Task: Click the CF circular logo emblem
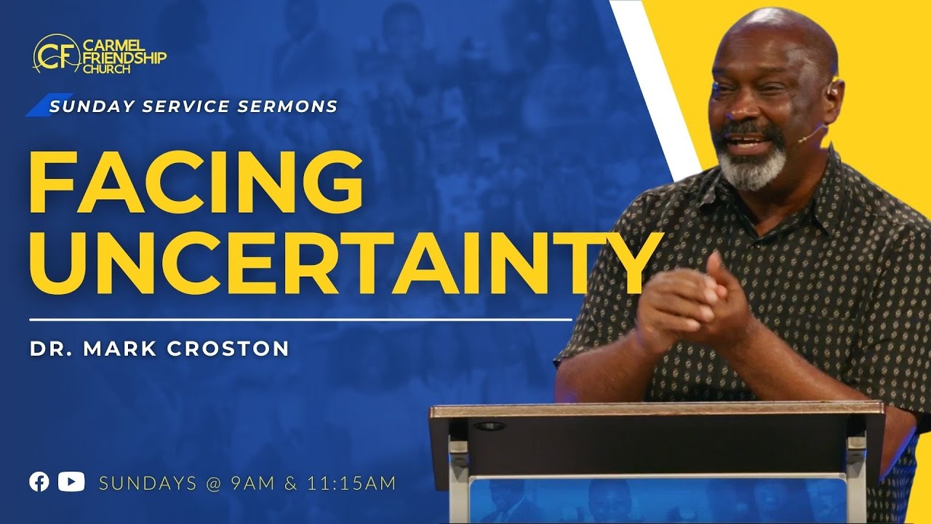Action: pyautogui.click(x=51, y=54)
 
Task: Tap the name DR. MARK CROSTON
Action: pyautogui.click(x=159, y=349)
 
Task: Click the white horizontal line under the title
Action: pyautogui.click(x=300, y=319)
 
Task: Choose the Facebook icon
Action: pyautogui.click(x=39, y=482)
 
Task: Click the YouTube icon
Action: pyautogui.click(x=71, y=482)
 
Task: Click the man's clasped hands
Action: pyautogui.click(x=691, y=306)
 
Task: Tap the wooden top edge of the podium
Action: pyautogui.click(x=655, y=410)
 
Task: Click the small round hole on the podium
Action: pyautogui.click(x=490, y=426)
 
